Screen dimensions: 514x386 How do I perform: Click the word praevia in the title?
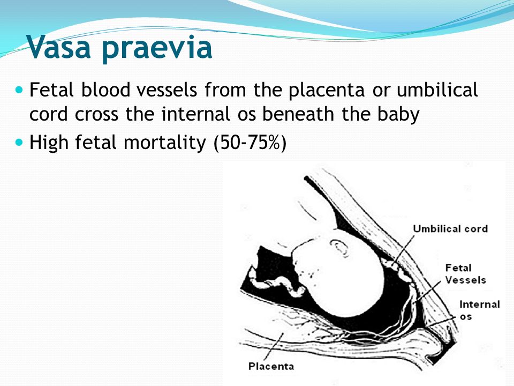click(x=157, y=49)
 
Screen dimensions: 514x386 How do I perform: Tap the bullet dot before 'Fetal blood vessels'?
click(x=20, y=90)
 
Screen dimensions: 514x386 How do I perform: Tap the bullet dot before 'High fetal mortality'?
click(x=20, y=142)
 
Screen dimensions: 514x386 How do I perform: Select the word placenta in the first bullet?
click(x=326, y=90)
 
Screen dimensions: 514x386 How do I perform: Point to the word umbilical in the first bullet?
click(x=437, y=90)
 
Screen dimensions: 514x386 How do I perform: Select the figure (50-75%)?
click(x=250, y=143)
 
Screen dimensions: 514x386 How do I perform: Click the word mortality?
click(x=165, y=143)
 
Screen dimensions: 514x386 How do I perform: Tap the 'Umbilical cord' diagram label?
click(x=450, y=228)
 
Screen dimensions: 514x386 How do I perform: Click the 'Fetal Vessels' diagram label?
click(x=465, y=274)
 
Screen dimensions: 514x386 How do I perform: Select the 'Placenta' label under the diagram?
click(x=271, y=366)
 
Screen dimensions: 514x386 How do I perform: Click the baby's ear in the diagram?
click(x=340, y=247)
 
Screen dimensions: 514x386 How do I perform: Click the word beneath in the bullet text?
click(x=298, y=114)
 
